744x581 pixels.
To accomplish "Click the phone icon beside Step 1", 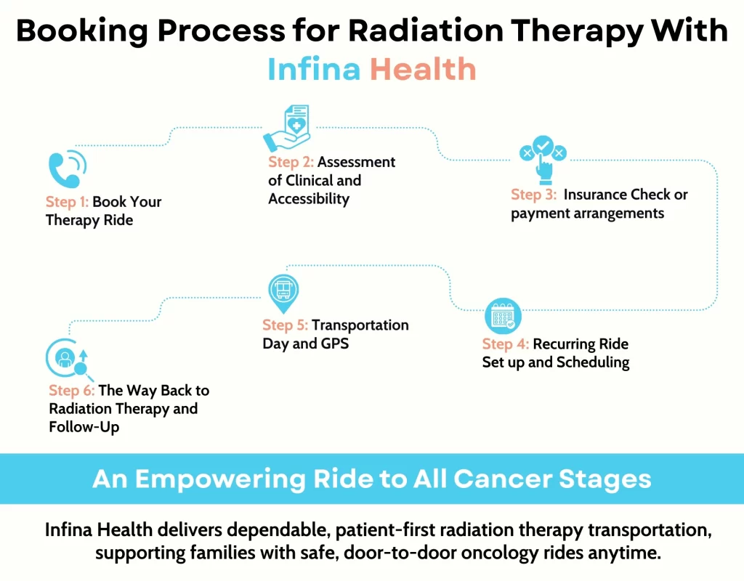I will (65, 168).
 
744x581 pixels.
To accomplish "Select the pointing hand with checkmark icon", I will (542, 155).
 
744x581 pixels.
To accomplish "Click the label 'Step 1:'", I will (67, 202).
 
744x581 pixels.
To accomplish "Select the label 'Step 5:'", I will (286, 325).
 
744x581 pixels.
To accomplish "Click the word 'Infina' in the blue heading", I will (315, 69).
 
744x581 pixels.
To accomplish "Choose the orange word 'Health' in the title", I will (422, 69).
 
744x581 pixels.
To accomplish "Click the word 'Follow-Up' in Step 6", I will (84, 427).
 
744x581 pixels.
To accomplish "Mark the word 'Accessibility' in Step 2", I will (309, 198).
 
